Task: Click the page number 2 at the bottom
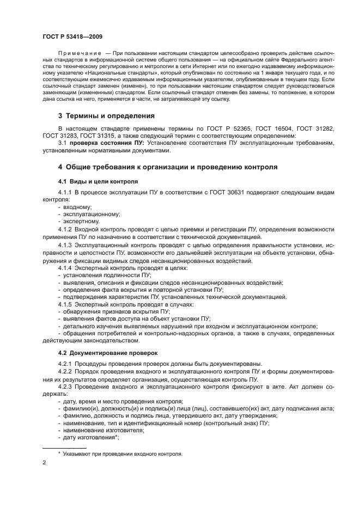45,463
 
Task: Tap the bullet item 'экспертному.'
81,221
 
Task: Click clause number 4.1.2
66,229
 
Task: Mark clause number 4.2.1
66,364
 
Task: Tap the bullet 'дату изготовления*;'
90,437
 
